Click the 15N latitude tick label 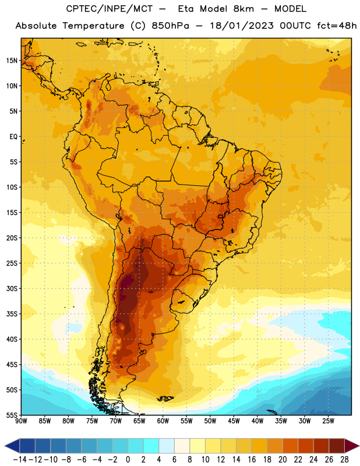click(x=12, y=61)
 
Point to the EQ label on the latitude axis click(x=13, y=137)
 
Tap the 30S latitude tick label click(x=12, y=288)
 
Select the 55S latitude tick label click(x=12, y=415)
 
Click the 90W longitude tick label click(x=21, y=421)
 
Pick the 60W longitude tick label click(x=163, y=421)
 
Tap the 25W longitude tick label click(x=328, y=421)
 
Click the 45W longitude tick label click(x=234, y=421)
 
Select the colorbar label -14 click(x=20, y=460)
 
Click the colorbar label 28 click(x=344, y=460)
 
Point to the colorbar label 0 click(x=128, y=460)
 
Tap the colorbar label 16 click(x=252, y=460)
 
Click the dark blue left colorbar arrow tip click(x=5, y=446)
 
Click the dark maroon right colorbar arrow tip click(x=359, y=446)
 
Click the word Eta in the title click(x=186, y=9)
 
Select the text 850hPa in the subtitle click(x=170, y=26)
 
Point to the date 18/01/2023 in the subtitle click(x=242, y=26)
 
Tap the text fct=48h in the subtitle click(x=337, y=26)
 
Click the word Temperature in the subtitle click(x=93, y=26)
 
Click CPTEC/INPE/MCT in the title click(x=110, y=9)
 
